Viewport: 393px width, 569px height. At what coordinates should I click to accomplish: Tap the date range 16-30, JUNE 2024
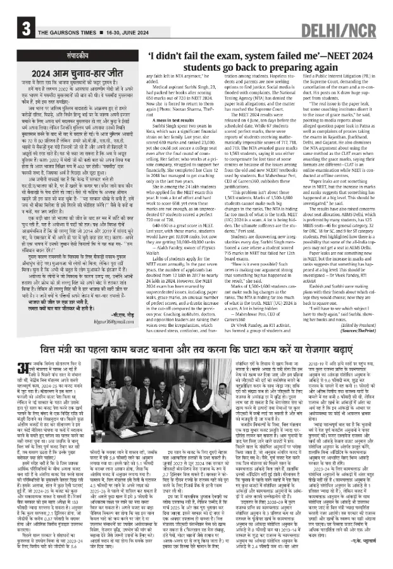click(121, 32)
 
